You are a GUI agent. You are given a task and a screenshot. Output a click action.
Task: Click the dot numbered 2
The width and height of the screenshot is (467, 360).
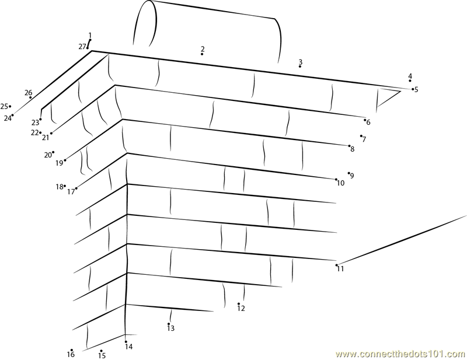pos(202,54)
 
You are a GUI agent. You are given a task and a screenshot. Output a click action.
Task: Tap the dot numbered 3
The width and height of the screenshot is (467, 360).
pos(300,67)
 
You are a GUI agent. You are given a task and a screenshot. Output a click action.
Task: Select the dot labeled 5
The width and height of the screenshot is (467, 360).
pos(413,89)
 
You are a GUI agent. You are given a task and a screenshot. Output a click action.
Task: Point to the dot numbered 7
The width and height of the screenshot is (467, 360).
pos(361,136)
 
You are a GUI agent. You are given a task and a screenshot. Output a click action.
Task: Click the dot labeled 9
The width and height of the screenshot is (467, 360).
pos(348,173)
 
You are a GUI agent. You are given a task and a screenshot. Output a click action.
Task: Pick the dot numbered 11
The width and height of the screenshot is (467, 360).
pos(337,265)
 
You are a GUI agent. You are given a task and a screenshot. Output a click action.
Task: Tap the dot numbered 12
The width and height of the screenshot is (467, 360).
pos(239,304)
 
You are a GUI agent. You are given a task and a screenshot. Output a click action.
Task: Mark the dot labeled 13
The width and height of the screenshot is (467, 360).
pos(169,324)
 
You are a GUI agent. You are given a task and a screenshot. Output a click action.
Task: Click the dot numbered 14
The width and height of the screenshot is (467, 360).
pos(126,342)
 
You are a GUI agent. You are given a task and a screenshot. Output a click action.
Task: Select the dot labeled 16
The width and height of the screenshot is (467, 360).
pos(72,350)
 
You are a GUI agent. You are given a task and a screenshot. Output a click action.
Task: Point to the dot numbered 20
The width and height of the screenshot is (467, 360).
pos(53,152)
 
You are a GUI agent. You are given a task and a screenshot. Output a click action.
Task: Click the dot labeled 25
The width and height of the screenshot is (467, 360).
pos(10,106)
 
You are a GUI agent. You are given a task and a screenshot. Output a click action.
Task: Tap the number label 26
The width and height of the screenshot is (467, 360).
pos(28,93)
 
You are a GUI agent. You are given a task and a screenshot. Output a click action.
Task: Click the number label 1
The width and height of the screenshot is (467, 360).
pos(90,36)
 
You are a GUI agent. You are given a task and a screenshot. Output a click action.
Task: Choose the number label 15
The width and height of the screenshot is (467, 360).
pos(102,356)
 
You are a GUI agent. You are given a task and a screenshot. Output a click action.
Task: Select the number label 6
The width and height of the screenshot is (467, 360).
pos(368,123)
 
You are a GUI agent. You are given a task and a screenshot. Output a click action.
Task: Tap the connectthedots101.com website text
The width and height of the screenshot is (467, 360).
pos(400,354)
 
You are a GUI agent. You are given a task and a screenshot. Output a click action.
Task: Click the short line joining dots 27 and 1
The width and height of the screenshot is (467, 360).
pos(89,44)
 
